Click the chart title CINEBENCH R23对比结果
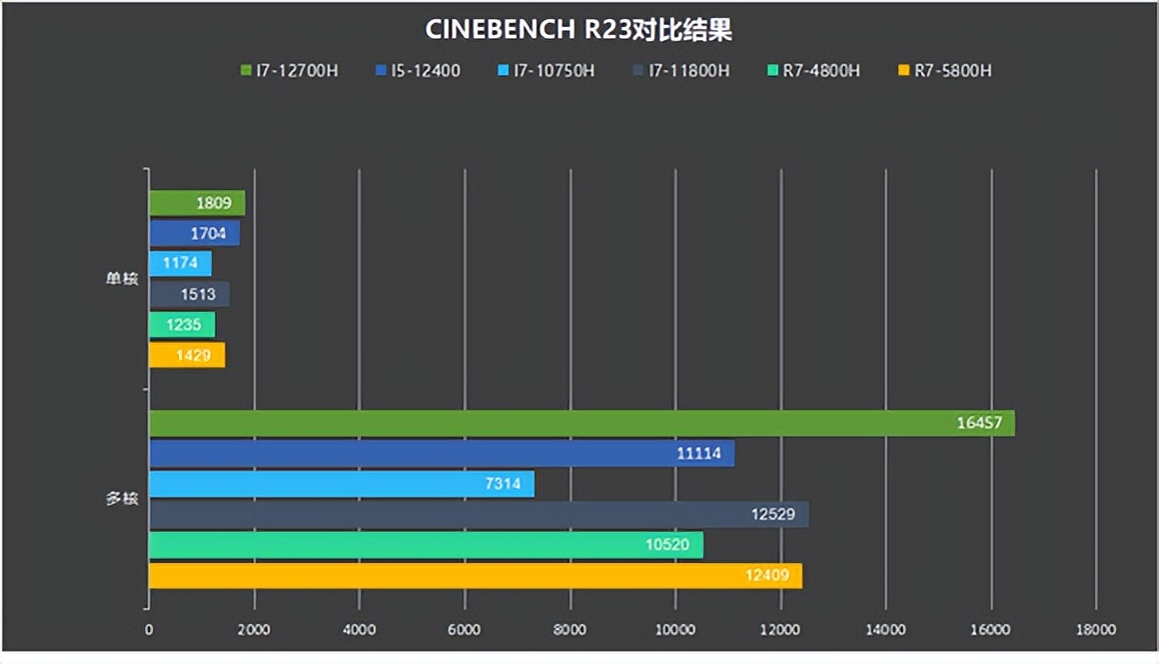coord(579,30)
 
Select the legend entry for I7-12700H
coord(290,71)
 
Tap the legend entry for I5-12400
coord(419,71)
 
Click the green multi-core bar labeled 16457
coord(581,423)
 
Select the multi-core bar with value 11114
coord(442,454)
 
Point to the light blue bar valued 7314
coord(342,484)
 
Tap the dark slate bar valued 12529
coord(479,515)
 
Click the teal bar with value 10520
coord(426,545)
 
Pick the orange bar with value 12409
coord(476,576)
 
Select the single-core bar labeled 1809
coord(197,203)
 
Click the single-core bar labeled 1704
coord(194,234)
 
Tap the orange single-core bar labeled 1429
coord(187,356)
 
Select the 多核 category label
coord(122,499)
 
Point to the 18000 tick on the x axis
coord(1096,630)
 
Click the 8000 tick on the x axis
coord(570,630)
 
